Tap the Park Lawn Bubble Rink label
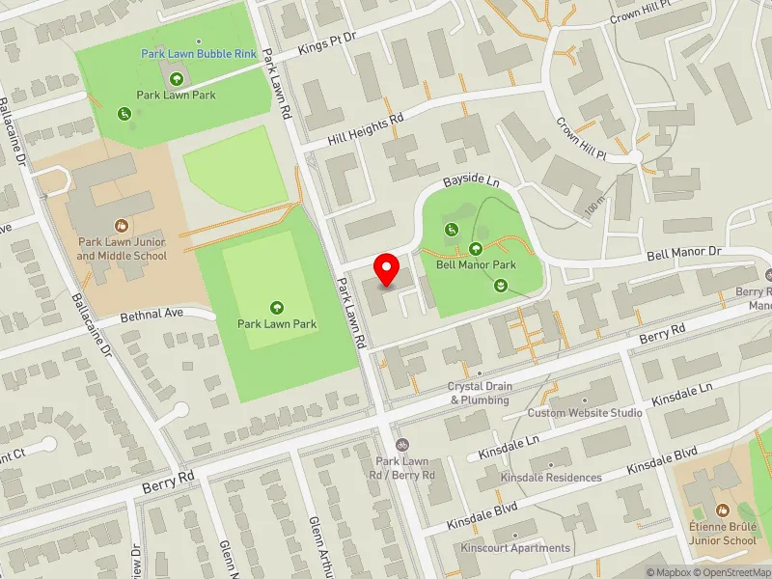pyautogui.click(x=199, y=54)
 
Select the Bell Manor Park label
pyautogui.click(x=476, y=264)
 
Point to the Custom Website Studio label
pyautogui.click(x=585, y=413)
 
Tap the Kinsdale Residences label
pyautogui.click(x=551, y=478)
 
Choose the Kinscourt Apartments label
pyautogui.click(x=515, y=548)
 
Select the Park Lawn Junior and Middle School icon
pyautogui.click(x=123, y=224)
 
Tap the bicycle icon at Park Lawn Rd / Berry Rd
pyautogui.click(x=403, y=445)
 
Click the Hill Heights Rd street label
pyautogui.click(x=365, y=128)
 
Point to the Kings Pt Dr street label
pyautogui.click(x=328, y=41)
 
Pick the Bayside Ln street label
pyautogui.click(x=471, y=180)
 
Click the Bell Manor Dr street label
pyautogui.click(x=683, y=254)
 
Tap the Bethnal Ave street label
pyautogui.click(x=152, y=315)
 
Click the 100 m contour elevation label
pyautogui.click(x=593, y=203)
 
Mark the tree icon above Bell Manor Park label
pyautogui.click(x=475, y=249)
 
